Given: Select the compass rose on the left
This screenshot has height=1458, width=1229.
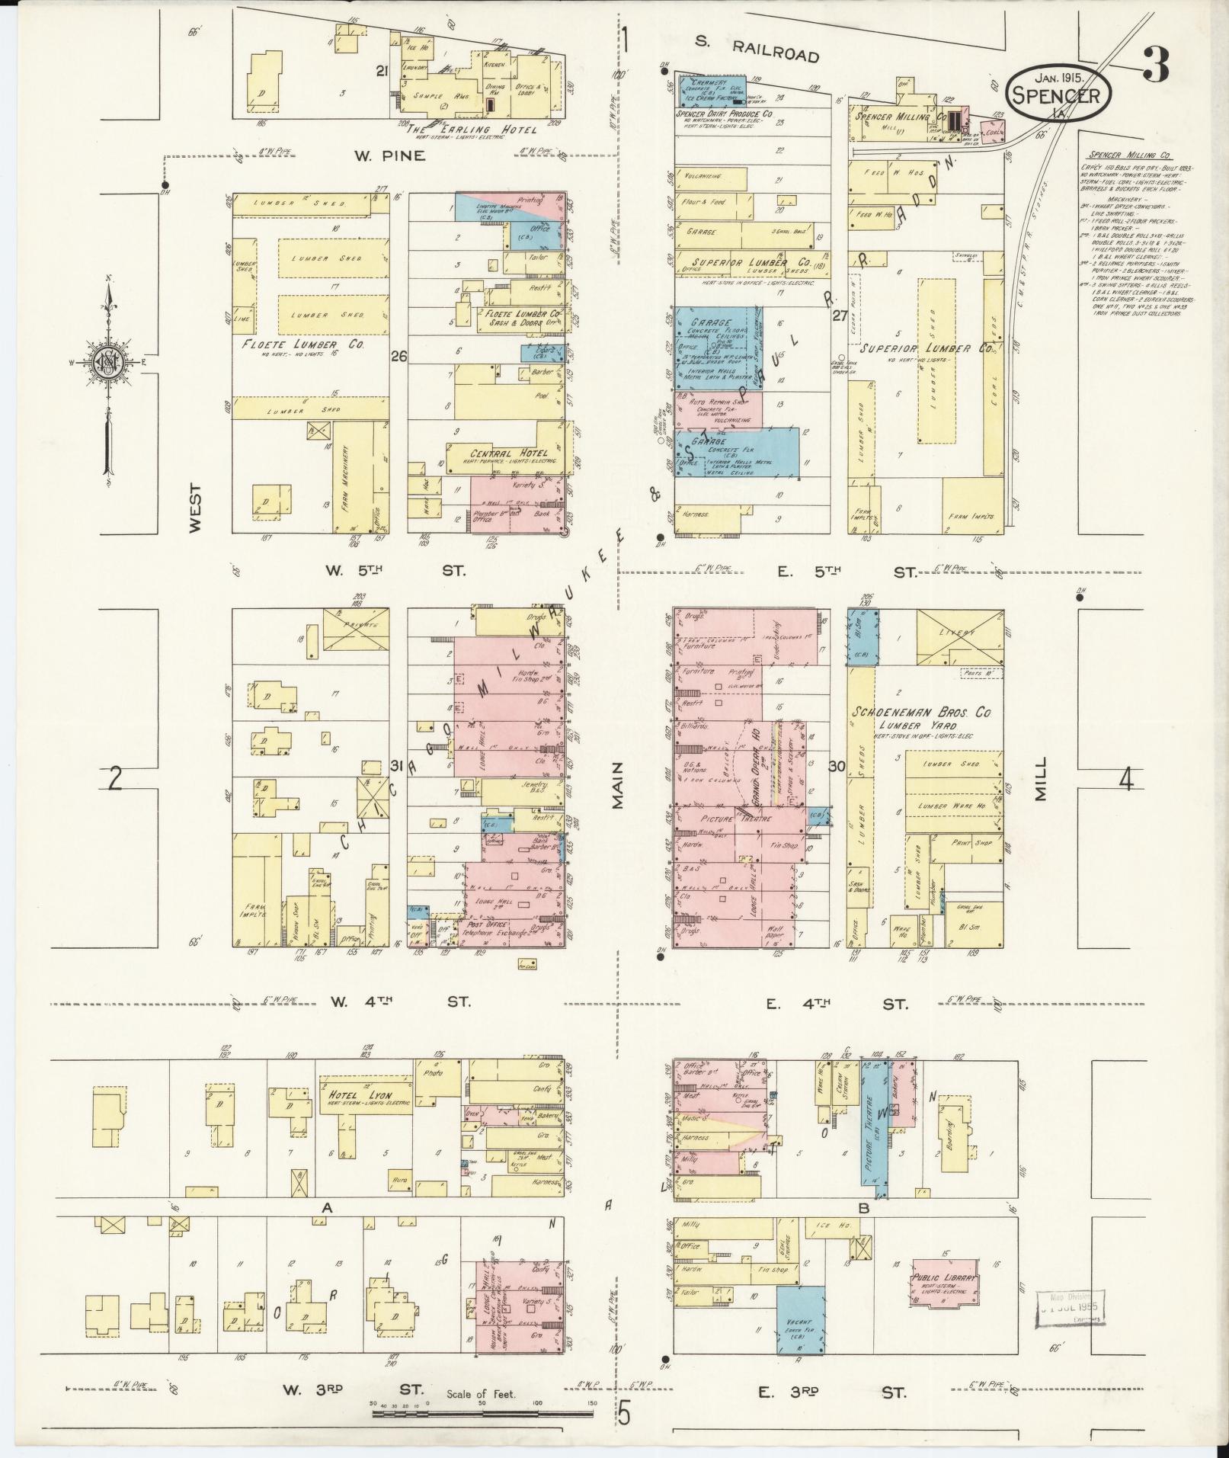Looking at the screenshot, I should tap(110, 364).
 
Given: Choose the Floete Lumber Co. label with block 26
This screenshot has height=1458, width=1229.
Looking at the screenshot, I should tap(302, 344).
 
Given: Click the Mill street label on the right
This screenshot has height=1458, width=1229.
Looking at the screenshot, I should tap(1040, 777).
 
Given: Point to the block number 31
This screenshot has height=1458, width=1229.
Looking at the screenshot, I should tap(397, 765).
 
